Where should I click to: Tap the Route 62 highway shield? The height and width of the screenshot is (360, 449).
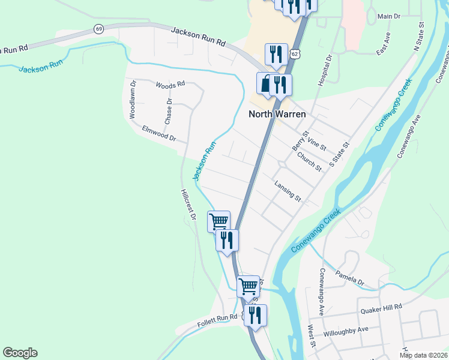click(295, 54)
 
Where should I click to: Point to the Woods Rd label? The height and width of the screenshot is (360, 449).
click(170, 86)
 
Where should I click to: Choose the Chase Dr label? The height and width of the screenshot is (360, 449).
click(169, 109)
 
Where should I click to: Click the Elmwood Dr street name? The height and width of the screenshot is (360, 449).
click(158, 133)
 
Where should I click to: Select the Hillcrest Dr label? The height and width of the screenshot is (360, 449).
click(188, 205)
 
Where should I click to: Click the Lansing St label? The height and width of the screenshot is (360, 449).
click(288, 191)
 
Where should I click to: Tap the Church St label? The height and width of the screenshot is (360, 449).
click(310, 161)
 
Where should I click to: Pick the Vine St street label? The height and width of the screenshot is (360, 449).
click(316, 143)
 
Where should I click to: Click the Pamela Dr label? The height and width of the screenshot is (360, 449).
click(350, 277)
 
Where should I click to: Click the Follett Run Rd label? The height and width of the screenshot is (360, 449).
click(217, 321)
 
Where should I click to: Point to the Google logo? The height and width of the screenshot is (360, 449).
click(20, 353)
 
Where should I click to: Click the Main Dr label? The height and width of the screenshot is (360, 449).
click(389, 16)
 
